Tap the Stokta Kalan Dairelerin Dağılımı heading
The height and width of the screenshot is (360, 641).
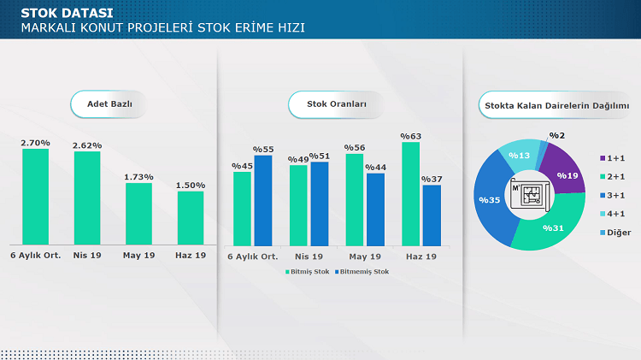(556, 104)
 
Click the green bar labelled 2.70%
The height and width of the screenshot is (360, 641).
(35, 197)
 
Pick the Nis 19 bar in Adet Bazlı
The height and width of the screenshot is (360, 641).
(87, 198)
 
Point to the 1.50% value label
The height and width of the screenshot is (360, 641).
(191, 185)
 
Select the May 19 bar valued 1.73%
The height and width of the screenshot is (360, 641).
(138, 214)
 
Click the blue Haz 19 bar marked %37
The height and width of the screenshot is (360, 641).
(432, 215)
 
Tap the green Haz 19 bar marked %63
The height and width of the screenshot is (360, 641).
(410, 194)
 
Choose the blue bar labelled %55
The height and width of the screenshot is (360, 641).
(263, 200)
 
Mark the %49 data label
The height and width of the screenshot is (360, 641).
(297, 159)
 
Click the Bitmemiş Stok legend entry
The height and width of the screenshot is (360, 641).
(362, 272)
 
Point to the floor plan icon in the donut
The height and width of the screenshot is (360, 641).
(531, 194)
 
